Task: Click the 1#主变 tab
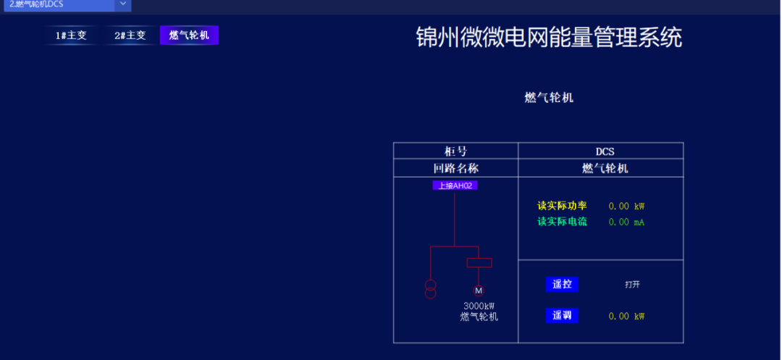pyautogui.click(x=71, y=35)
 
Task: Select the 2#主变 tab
pyautogui.click(x=130, y=35)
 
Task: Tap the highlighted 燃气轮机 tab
pyautogui.click(x=189, y=35)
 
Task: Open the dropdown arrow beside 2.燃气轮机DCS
pyautogui.click(x=122, y=4)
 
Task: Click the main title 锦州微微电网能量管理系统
pyautogui.click(x=549, y=38)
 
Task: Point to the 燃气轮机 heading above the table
pyautogui.click(x=549, y=97)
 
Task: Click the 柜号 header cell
pyautogui.click(x=455, y=151)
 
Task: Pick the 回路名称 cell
pyautogui.click(x=455, y=168)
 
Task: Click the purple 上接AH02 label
pyautogui.click(x=455, y=185)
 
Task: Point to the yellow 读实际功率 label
pyautogui.click(x=562, y=206)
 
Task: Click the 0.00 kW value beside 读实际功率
pyautogui.click(x=626, y=206)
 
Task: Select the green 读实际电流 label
pyautogui.click(x=562, y=222)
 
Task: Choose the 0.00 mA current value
pyautogui.click(x=626, y=222)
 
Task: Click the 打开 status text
pyautogui.click(x=633, y=285)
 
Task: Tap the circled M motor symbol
pyautogui.click(x=479, y=290)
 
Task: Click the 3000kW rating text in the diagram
pyautogui.click(x=479, y=306)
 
